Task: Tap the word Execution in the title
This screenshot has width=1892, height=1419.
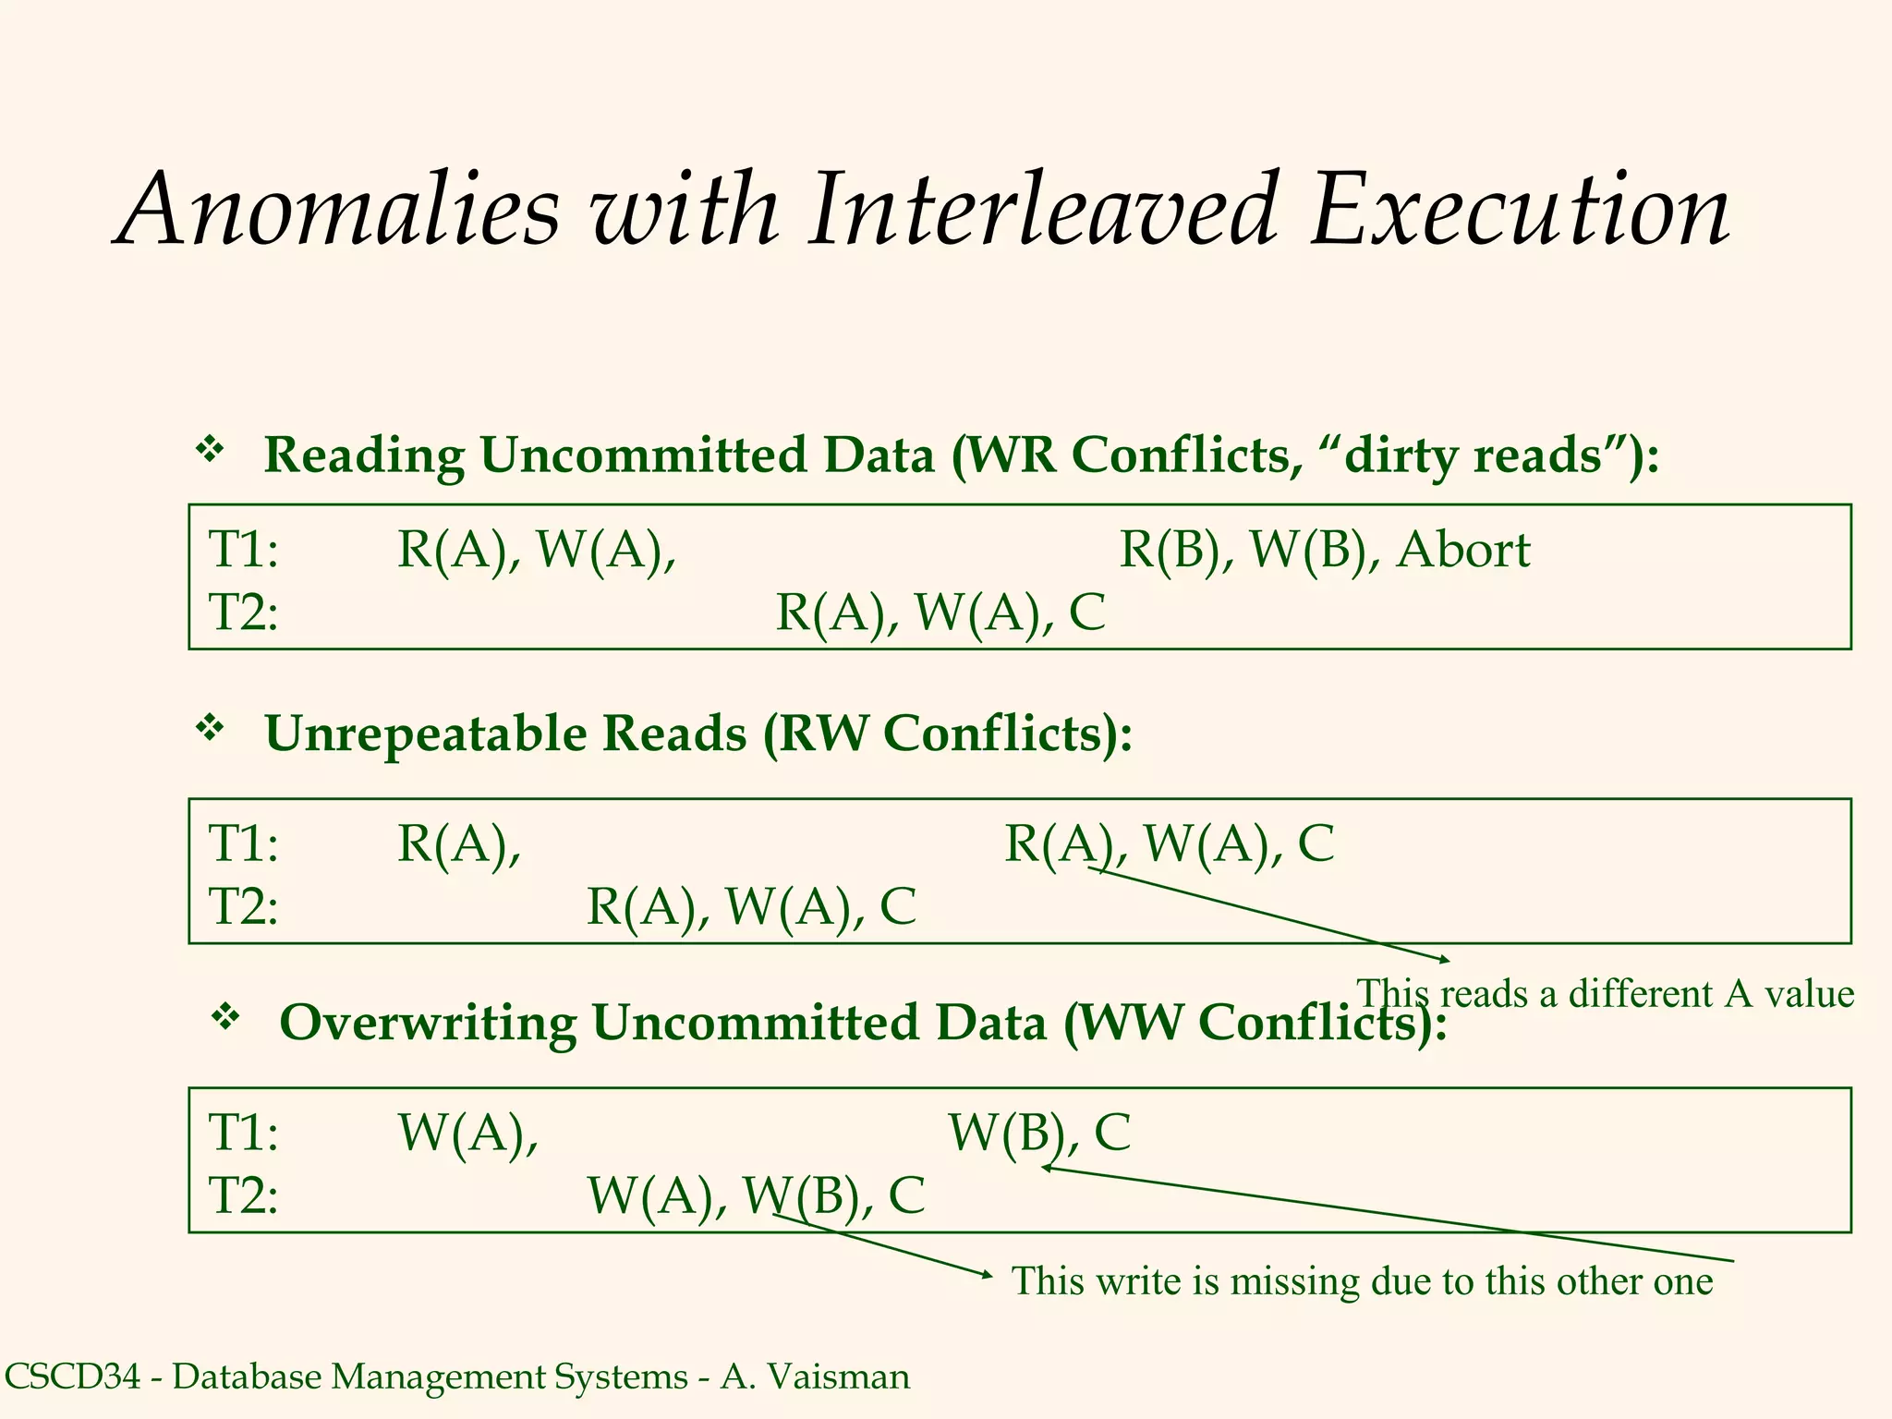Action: [1520, 211]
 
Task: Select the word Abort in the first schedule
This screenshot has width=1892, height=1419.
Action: [1463, 551]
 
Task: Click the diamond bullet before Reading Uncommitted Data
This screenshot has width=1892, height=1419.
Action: [211, 451]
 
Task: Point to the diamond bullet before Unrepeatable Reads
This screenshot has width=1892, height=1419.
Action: [211, 729]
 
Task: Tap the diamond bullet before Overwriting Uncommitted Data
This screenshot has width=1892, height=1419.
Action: [225, 1018]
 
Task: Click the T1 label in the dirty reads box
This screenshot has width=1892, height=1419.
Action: [243, 551]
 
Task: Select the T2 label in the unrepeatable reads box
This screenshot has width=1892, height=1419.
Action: [243, 906]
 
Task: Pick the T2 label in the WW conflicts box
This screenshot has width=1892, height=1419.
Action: [243, 1195]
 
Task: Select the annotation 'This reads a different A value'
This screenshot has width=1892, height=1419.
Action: [1605, 994]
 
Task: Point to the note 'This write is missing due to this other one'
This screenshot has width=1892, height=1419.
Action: [1362, 1281]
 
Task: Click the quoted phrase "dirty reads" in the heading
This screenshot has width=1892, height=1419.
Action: [1473, 455]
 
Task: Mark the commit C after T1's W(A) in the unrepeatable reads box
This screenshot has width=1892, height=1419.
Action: [1316, 843]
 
